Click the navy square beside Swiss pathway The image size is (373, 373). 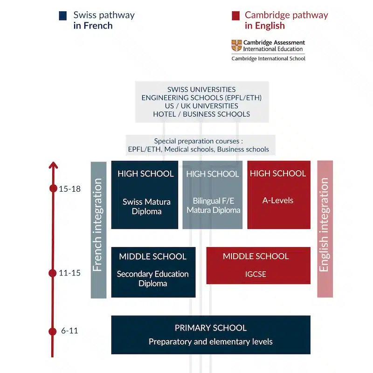(x=62, y=15)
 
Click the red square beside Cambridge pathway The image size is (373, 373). (x=235, y=15)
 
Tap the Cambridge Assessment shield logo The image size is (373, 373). (x=236, y=45)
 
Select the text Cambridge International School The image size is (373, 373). (x=268, y=58)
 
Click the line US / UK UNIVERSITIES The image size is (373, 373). (x=201, y=106)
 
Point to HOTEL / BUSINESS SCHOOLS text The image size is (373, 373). (x=201, y=114)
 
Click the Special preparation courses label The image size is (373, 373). (x=199, y=141)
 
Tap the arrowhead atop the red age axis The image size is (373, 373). (x=53, y=165)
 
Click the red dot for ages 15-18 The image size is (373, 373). (x=53, y=188)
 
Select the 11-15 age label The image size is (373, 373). (x=70, y=273)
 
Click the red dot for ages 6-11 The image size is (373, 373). (x=53, y=331)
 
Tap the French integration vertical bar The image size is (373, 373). (x=98, y=230)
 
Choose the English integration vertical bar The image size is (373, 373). (x=325, y=229)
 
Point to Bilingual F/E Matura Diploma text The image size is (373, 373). (x=214, y=206)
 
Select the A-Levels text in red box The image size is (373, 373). (x=278, y=200)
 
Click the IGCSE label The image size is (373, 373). (x=256, y=274)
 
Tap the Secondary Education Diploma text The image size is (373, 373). (x=152, y=278)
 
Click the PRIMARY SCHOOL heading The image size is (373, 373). (x=210, y=328)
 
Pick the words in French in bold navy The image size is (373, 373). (x=93, y=26)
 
